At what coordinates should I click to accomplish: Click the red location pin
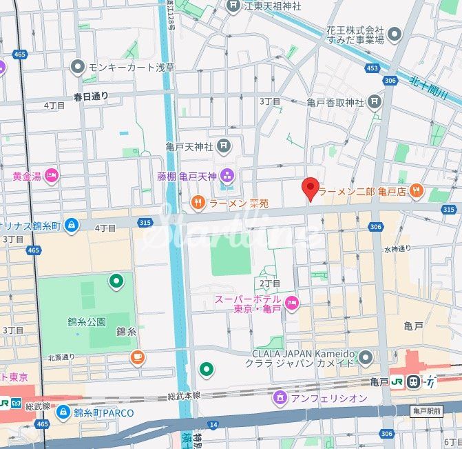click(x=311, y=188)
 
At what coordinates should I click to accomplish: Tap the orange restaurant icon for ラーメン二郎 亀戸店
click(x=415, y=190)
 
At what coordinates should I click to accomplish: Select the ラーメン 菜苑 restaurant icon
click(x=197, y=203)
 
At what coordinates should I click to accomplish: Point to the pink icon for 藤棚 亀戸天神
click(x=227, y=174)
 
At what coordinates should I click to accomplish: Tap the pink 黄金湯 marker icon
click(x=52, y=176)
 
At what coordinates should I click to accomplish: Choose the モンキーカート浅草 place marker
click(x=77, y=67)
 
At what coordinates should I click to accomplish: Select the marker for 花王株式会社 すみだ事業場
click(x=395, y=34)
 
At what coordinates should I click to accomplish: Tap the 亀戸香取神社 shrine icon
click(x=374, y=103)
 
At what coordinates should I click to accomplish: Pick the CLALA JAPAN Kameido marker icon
click(x=366, y=357)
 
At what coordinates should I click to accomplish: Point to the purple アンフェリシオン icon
click(x=280, y=398)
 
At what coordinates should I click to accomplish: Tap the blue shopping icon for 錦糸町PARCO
click(x=63, y=412)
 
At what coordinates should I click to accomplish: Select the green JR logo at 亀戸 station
click(x=397, y=381)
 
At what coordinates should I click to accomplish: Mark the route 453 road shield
click(x=372, y=68)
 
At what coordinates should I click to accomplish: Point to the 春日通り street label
click(x=91, y=96)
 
